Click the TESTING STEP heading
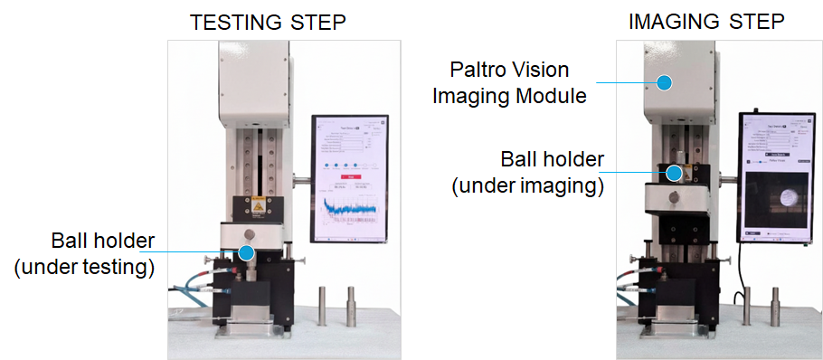coord(268,23)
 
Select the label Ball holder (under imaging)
coord(528,173)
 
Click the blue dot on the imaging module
coord(664,82)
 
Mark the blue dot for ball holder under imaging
coord(675,172)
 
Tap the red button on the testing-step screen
coord(347,177)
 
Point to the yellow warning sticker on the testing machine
coord(258,205)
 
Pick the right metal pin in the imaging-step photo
coord(775,304)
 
